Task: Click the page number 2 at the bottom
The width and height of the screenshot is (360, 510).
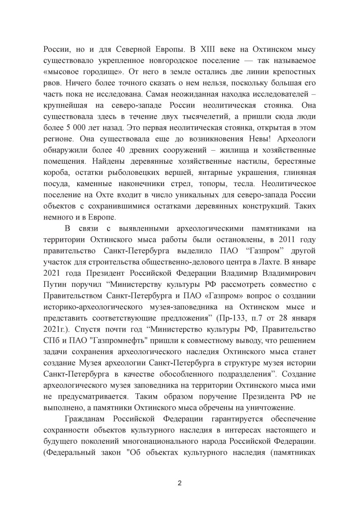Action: pos(180,483)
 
